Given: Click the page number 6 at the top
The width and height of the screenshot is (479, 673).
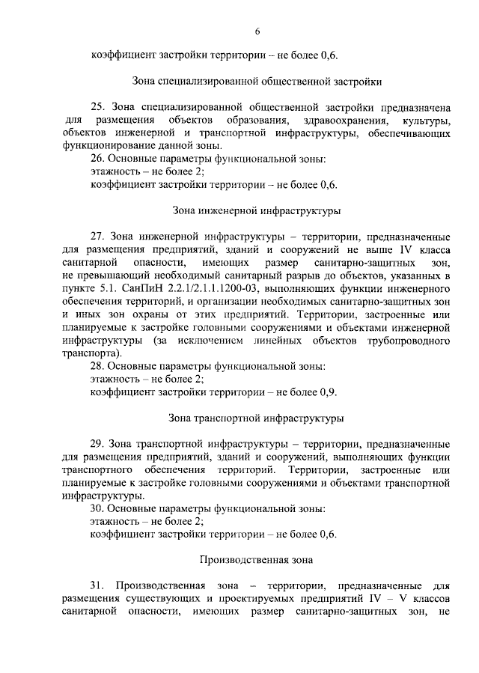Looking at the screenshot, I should pyautogui.click(x=257, y=31).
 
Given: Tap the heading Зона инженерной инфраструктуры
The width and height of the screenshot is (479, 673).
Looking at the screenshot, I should pyautogui.click(x=257, y=210).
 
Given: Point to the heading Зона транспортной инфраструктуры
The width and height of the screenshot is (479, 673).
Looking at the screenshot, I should pyautogui.click(x=257, y=416).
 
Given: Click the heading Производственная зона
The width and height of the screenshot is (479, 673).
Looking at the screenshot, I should pyautogui.click(x=257, y=559).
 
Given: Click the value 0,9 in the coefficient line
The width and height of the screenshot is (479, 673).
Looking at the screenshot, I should pyautogui.click(x=328, y=392).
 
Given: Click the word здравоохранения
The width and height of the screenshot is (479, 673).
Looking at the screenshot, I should pyautogui.click(x=335, y=121).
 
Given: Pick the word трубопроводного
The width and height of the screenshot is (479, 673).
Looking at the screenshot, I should pyautogui.click(x=412, y=341).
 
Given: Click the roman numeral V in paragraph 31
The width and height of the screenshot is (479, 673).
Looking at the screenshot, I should pyautogui.click(x=391, y=599).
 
